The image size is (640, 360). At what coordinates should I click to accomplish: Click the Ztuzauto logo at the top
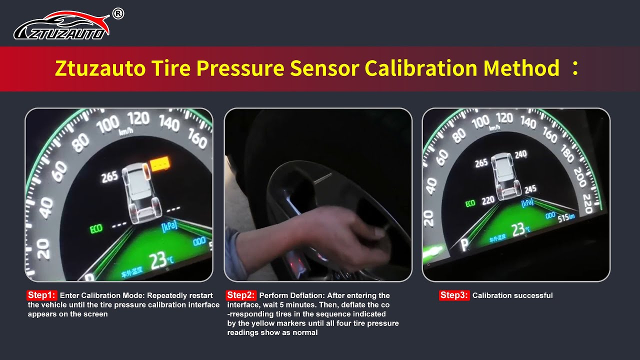point(61,26)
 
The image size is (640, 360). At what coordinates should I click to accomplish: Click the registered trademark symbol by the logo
point(118,14)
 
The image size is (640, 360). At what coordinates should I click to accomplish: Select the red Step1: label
point(42,295)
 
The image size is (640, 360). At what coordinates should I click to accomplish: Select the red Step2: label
point(241,295)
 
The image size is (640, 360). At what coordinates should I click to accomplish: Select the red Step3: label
point(454,295)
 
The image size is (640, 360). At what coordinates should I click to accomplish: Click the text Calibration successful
point(512,295)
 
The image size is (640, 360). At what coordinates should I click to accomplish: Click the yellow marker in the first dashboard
point(160,163)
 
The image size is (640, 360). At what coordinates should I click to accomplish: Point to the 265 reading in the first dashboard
point(109,176)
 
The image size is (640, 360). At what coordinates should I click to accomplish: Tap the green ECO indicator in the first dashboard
point(96,229)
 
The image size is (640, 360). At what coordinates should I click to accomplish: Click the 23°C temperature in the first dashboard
point(161,261)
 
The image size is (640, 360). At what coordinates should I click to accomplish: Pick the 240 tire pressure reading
point(520,155)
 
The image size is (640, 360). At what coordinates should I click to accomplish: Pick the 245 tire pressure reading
point(530,189)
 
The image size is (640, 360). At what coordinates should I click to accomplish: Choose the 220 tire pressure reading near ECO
point(488,200)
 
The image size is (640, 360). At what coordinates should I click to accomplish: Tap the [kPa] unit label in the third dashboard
point(527,203)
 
